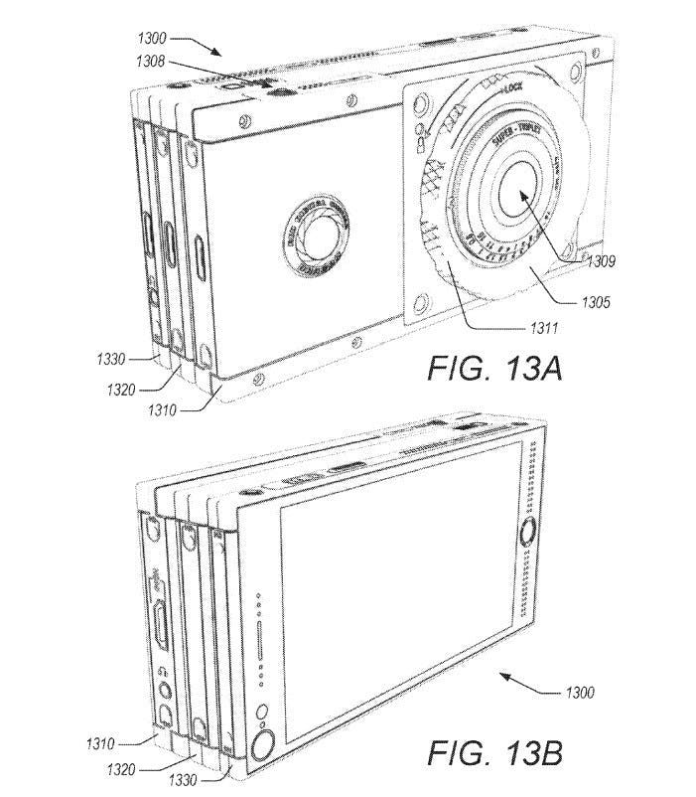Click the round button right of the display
click(x=525, y=537)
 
